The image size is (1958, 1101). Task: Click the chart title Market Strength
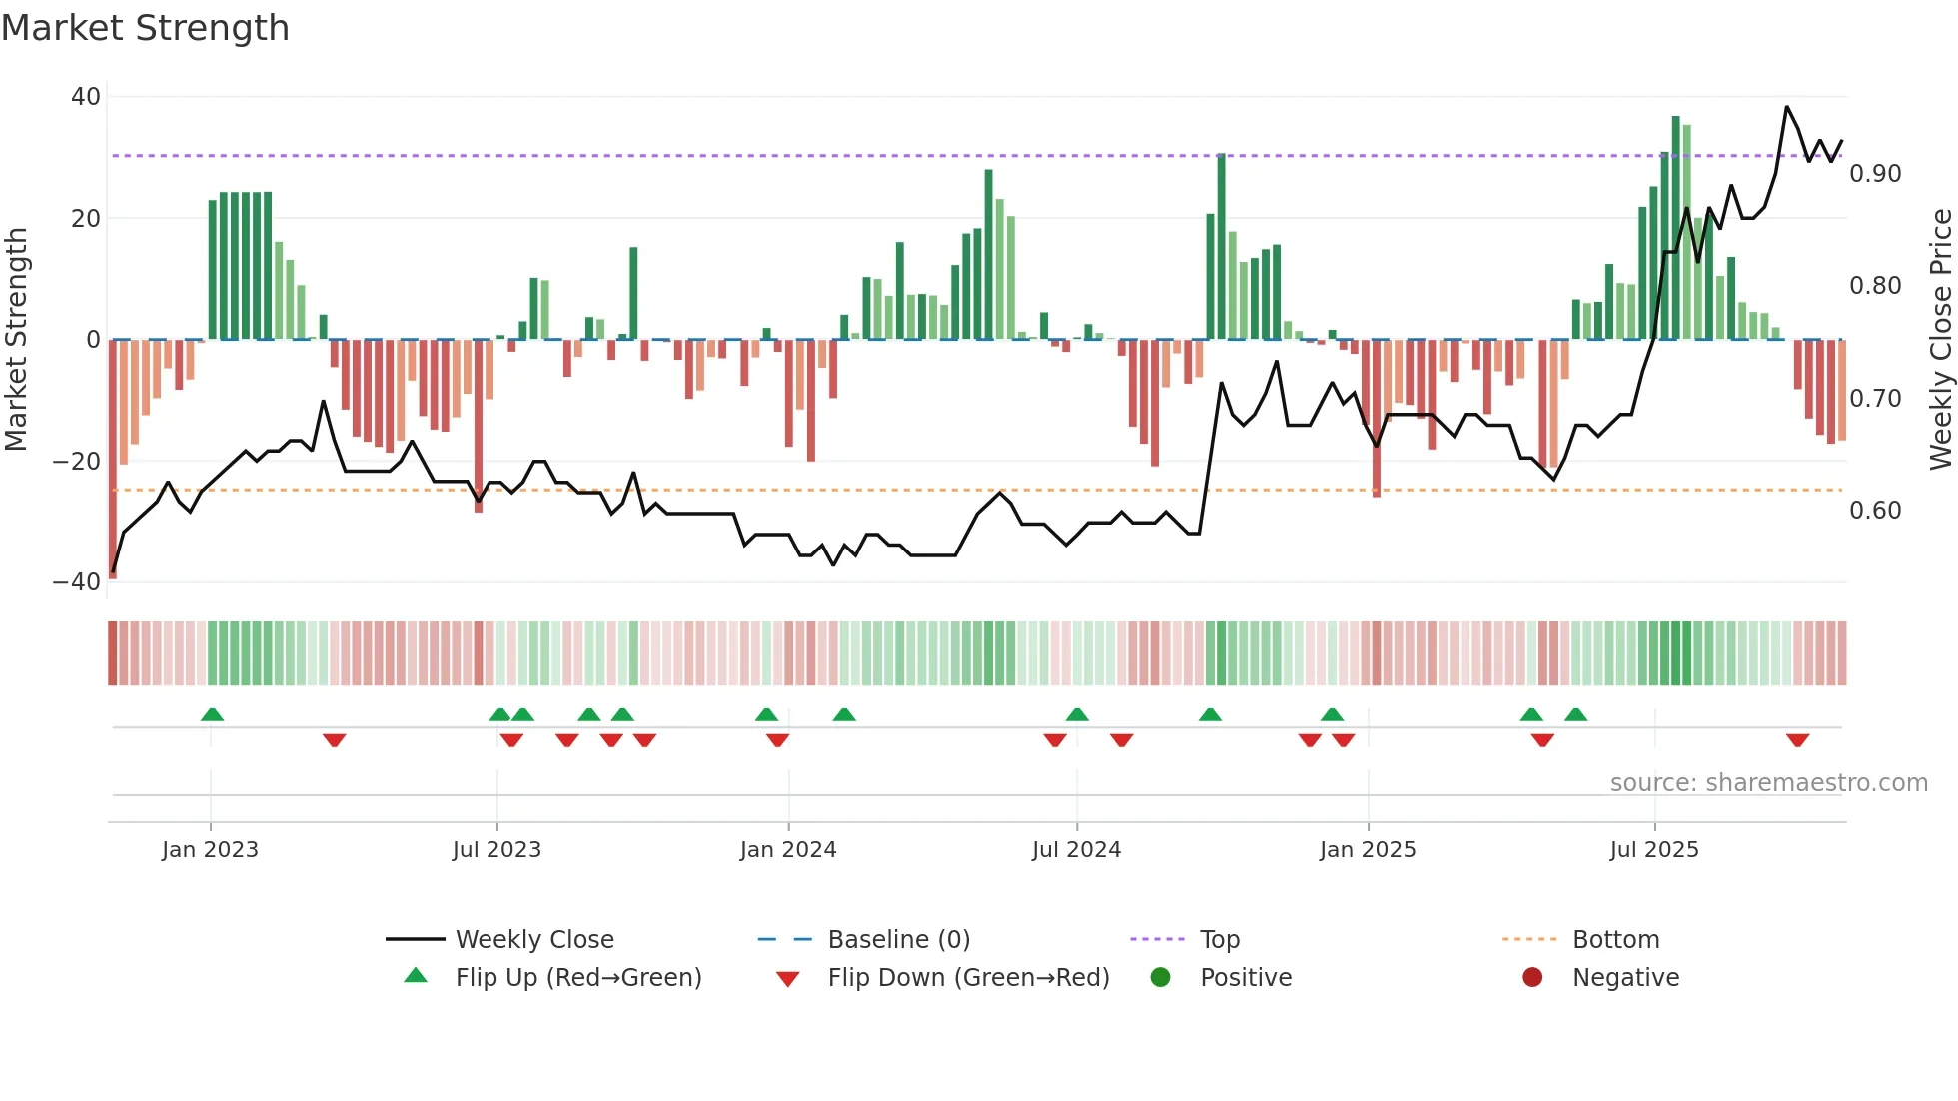(x=145, y=28)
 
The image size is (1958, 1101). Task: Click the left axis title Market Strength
(x=16, y=340)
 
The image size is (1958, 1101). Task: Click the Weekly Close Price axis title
(x=1940, y=340)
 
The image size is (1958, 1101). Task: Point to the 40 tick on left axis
(x=86, y=97)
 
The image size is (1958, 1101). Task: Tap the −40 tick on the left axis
(x=77, y=582)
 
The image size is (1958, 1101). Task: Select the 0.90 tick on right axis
(x=1875, y=174)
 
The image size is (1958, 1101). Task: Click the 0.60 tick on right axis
(x=1875, y=511)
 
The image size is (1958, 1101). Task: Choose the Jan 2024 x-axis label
(x=788, y=850)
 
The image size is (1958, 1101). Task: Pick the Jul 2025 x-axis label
(x=1654, y=850)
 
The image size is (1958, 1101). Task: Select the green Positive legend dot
(x=1160, y=978)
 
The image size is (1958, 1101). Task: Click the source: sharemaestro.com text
(x=1768, y=783)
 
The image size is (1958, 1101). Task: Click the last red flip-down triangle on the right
(x=1798, y=740)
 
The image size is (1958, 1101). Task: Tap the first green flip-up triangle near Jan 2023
(x=212, y=714)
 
